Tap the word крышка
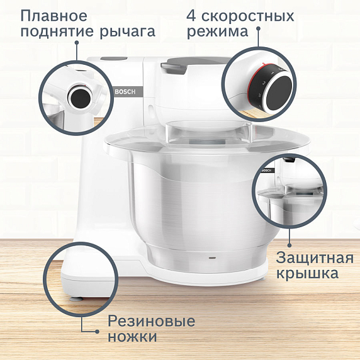pos(308,274)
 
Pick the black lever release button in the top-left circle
pos(81,97)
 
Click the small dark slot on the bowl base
pos(212,257)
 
